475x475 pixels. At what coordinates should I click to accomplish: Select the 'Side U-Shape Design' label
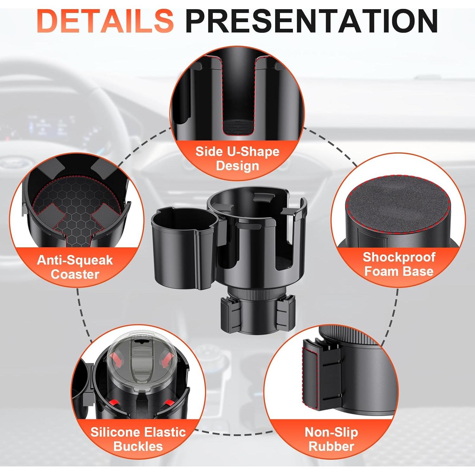[237, 158]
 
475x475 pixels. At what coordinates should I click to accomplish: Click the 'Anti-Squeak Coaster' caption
[75, 267]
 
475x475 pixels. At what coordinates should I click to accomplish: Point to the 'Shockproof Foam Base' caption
[399, 264]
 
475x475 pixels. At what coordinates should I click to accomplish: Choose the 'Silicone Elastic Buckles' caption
[138, 439]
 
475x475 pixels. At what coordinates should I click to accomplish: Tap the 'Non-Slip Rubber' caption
[331, 439]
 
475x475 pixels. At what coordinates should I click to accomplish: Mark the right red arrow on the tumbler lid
[167, 360]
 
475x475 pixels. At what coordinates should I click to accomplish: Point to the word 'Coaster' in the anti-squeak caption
[75, 274]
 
